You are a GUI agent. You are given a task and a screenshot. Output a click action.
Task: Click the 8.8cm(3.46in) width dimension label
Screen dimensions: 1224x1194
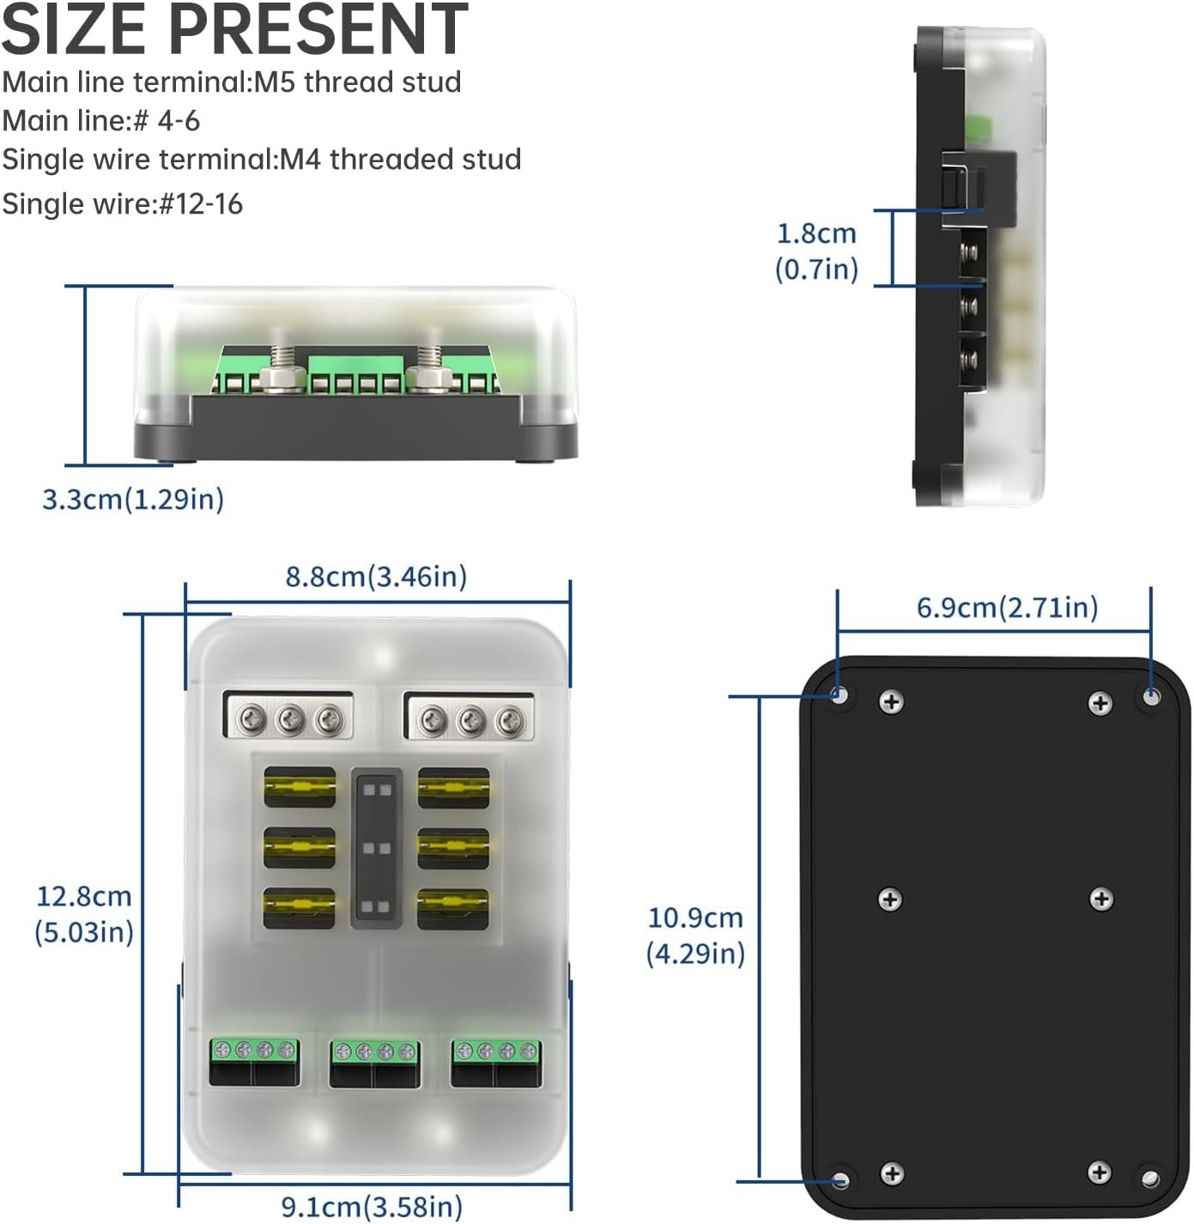tap(376, 577)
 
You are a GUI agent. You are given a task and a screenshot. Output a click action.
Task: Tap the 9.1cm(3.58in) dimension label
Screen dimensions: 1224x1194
tap(372, 1207)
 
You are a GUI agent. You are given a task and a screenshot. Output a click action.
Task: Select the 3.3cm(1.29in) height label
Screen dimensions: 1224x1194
tap(133, 499)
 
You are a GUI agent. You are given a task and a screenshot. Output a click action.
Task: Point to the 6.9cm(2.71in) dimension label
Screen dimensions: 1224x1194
tap(1007, 608)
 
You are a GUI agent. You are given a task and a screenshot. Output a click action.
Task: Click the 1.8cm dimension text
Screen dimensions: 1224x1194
tap(816, 233)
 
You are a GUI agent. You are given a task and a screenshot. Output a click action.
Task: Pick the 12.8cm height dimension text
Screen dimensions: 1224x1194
tap(84, 897)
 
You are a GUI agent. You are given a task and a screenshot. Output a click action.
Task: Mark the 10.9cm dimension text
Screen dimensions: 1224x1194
tap(695, 918)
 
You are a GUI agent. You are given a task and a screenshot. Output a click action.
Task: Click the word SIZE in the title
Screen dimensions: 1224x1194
tap(76, 30)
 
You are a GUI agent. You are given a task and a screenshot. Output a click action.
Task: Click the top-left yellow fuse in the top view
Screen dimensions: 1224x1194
tap(299, 787)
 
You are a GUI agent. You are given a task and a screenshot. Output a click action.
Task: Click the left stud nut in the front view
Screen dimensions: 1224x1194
tap(283, 376)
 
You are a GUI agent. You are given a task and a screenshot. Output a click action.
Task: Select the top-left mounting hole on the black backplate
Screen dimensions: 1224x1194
tap(840, 694)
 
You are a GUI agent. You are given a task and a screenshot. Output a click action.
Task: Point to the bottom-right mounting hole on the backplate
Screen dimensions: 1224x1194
tap(1149, 1178)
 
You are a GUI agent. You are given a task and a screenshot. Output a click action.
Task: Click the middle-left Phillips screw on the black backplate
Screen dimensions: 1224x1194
tap(890, 900)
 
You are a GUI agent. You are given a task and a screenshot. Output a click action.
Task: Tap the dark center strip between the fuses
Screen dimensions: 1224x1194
tap(376, 848)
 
